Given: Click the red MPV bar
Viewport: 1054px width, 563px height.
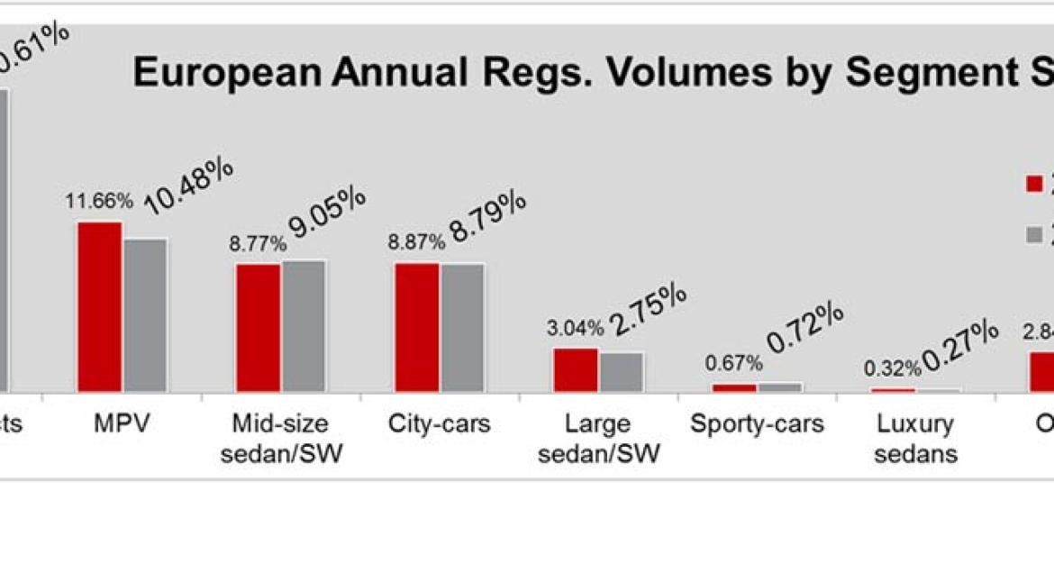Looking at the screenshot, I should [99, 306].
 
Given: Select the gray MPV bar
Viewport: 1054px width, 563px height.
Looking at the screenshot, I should [145, 314].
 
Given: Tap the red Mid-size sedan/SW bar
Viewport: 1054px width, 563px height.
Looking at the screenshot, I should [259, 327].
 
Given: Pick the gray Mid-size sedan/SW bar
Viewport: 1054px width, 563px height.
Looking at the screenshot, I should [304, 325].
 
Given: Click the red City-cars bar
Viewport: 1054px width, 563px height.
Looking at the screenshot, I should [417, 327].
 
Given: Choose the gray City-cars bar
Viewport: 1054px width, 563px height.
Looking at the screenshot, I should [462, 327].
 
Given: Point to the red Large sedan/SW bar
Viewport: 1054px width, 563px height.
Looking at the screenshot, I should [576, 369].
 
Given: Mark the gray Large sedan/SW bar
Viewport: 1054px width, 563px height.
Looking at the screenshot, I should [622, 371].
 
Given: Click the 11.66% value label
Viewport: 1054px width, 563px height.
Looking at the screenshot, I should [99, 201].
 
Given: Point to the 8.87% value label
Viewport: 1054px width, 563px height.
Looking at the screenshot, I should [416, 242].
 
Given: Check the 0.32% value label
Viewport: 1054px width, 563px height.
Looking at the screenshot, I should [892, 368].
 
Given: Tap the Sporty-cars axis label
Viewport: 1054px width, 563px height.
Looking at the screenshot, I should [757, 423].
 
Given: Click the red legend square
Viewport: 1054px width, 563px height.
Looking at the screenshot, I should [1034, 185].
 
